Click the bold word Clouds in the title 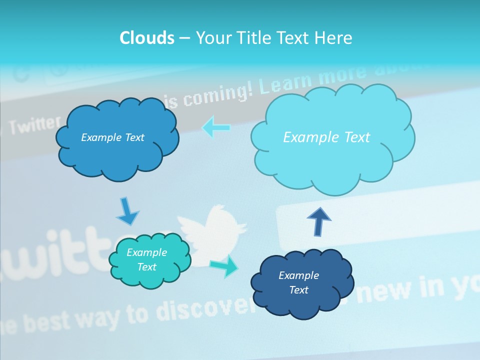[147, 38]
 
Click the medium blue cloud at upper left [117, 155]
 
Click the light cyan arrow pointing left [216, 128]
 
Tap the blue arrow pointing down [127, 212]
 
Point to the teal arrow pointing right [224, 266]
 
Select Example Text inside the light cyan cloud [326, 137]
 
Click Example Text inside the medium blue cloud [112, 137]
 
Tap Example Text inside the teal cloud [146, 259]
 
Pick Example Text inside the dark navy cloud [298, 282]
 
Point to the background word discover [200, 306]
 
